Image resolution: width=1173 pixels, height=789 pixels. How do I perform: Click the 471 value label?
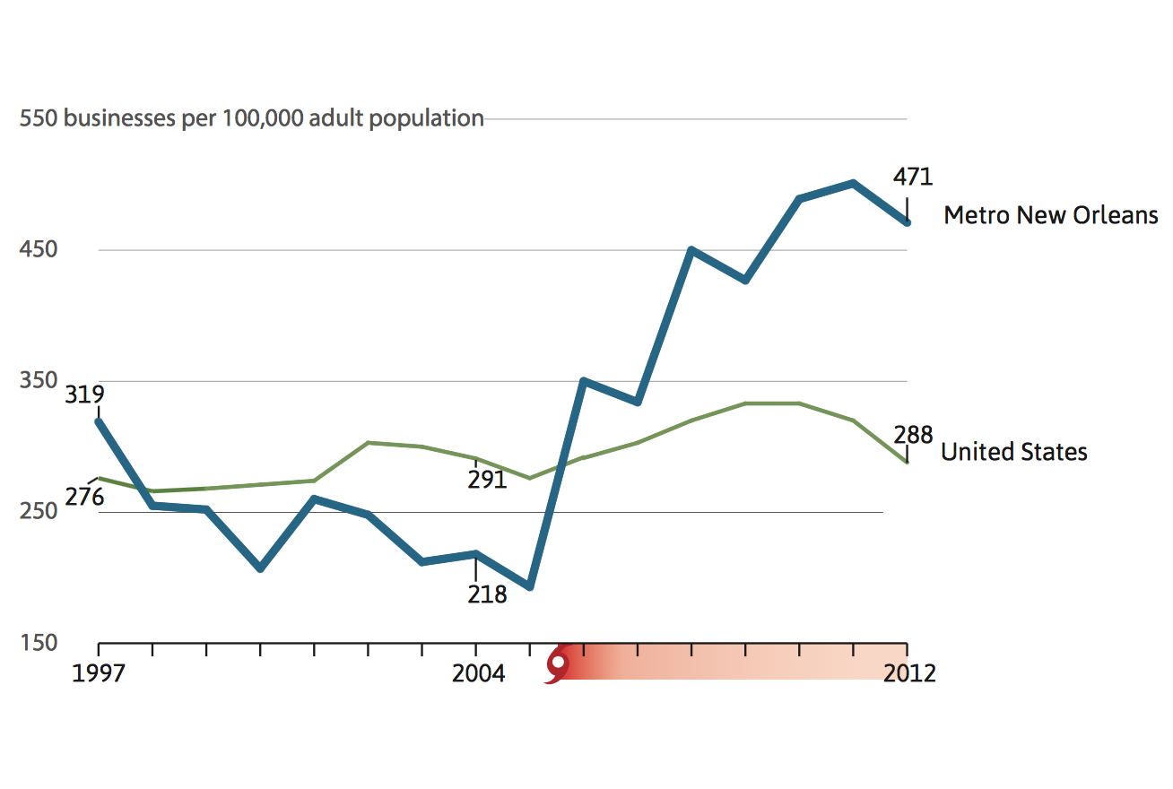pyautogui.click(x=912, y=177)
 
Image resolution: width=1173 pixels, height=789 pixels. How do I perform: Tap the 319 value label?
pyautogui.click(x=84, y=394)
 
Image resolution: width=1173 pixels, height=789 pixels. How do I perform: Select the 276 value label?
pyautogui.click(x=84, y=498)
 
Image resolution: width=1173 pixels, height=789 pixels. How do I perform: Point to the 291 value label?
pyautogui.click(x=487, y=480)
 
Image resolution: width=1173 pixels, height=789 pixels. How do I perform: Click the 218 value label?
pyautogui.click(x=487, y=594)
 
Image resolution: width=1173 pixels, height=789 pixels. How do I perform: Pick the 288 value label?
pyautogui.click(x=913, y=436)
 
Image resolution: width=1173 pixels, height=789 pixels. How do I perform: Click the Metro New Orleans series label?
pyautogui.click(x=1050, y=216)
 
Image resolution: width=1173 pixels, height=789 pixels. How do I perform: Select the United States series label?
pyautogui.click(x=1013, y=452)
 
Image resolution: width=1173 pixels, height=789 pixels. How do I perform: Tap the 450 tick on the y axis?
pyautogui.click(x=39, y=249)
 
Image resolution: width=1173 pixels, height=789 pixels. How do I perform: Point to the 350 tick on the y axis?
pyautogui.click(x=39, y=380)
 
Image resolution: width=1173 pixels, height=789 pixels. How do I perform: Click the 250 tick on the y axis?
pyautogui.click(x=39, y=511)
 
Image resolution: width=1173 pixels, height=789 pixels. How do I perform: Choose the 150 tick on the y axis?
pyautogui.click(x=39, y=643)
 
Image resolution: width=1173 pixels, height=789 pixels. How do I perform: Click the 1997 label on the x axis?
pyautogui.click(x=99, y=673)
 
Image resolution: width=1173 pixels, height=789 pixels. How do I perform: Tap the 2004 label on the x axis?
pyautogui.click(x=478, y=673)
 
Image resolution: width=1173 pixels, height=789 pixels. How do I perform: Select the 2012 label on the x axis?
pyautogui.click(x=909, y=673)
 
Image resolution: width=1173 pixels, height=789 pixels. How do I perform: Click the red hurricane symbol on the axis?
pyautogui.click(x=558, y=665)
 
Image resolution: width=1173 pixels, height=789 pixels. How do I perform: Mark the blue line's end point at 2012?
pyautogui.click(x=907, y=222)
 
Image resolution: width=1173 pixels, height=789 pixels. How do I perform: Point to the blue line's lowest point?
pyautogui.click(x=529, y=587)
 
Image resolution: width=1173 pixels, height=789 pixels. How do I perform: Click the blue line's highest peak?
pyautogui.click(x=853, y=184)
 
